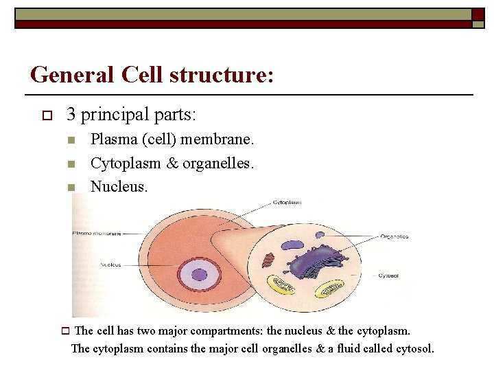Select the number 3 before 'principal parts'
pos(71,113)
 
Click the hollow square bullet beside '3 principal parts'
pos(47,114)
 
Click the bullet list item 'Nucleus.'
pos(119,186)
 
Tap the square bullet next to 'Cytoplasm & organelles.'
pos(71,164)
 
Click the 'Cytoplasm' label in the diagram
pos(287,203)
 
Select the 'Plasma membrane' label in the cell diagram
pos(97,234)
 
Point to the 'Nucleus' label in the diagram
pos(110,265)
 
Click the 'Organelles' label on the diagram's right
pos(395,236)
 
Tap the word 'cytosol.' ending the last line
pos(415,348)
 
